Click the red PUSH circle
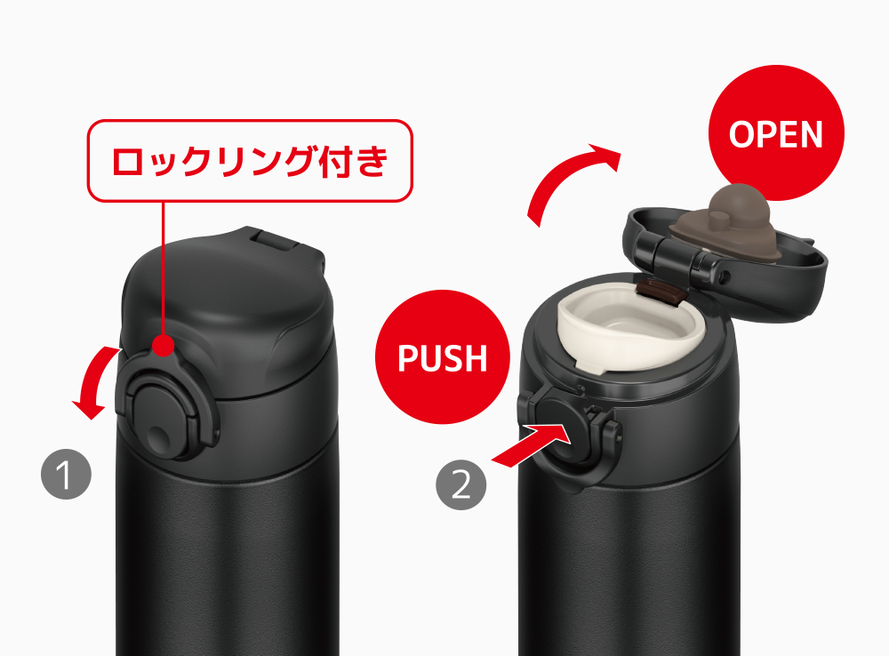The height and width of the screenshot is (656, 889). [442, 356]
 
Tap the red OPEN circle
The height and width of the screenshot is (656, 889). [776, 132]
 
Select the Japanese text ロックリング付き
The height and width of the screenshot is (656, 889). [250, 161]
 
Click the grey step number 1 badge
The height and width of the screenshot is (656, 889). [67, 474]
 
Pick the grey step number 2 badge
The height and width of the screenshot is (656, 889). [461, 484]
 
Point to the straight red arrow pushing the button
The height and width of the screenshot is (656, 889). [531, 445]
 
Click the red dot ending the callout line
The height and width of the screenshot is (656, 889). [164, 345]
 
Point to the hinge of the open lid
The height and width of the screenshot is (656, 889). [674, 254]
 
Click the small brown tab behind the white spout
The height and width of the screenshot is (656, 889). [660, 291]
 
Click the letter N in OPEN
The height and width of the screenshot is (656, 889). [810, 134]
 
